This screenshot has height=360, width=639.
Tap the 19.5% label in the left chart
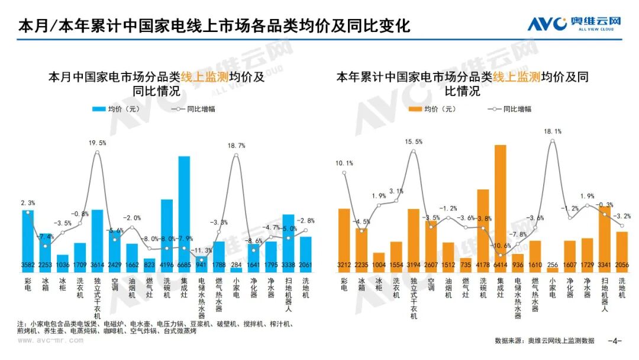pos(97,143)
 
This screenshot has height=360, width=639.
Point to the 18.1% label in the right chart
pos(553,131)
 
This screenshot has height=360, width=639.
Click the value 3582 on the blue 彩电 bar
pos(28,265)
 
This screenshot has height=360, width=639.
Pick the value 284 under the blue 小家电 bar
pos(236,265)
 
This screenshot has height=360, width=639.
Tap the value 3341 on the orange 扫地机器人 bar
pos(605,265)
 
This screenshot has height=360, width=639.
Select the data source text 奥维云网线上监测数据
pos(561,341)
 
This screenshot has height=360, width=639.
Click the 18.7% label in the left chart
pos(236,145)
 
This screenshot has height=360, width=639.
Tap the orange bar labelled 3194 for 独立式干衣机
pos(413,237)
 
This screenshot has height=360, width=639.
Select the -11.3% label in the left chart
pos(205,250)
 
